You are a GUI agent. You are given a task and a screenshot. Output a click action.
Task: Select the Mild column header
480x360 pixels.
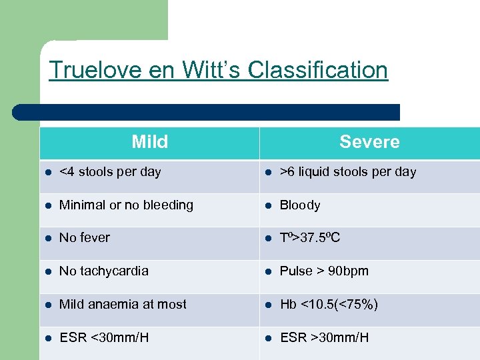pyautogui.click(x=149, y=142)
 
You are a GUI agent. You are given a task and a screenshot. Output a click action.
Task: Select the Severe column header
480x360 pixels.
pyautogui.click(x=369, y=142)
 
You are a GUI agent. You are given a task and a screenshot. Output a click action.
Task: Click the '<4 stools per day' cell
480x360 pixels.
pyautogui.click(x=110, y=172)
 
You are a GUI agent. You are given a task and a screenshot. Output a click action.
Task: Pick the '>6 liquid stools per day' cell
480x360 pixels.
pyautogui.click(x=347, y=172)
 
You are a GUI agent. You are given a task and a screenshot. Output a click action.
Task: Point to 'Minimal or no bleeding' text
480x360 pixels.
pyautogui.click(x=126, y=205)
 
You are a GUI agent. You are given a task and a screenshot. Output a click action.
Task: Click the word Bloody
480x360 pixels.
pyautogui.click(x=300, y=205)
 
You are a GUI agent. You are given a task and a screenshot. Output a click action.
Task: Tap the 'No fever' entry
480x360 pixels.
pyautogui.click(x=85, y=238)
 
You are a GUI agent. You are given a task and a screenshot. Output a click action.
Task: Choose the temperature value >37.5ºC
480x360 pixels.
pyautogui.click(x=310, y=238)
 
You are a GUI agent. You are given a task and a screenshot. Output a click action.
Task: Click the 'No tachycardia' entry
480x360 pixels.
pyautogui.click(x=104, y=271)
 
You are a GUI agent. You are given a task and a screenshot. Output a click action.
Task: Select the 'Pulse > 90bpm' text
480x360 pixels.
pyautogui.click(x=324, y=271)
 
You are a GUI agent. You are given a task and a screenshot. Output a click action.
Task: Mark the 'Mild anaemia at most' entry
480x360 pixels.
pyautogui.click(x=123, y=305)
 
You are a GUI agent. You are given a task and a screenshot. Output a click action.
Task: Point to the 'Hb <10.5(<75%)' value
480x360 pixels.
pyautogui.click(x=329, y=305)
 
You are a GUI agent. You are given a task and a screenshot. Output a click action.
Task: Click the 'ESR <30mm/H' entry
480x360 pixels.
pyautogui.click(x=104, y=338)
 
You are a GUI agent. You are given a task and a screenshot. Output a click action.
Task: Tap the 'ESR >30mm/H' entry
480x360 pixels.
pyautogui.click(x=324, y=338)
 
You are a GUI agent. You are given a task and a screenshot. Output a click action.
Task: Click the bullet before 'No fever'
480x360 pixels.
pyautogui.click(x=47, y=239)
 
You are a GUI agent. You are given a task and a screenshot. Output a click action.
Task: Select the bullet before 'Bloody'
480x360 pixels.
pyautogui.click(x=268, y=206)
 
